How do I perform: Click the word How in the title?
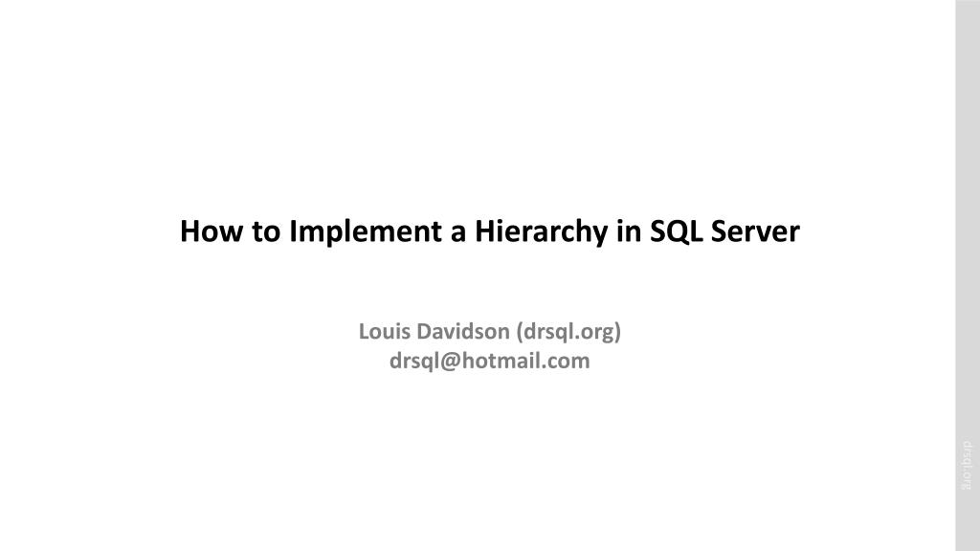pos(212,231)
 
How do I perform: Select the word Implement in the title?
pos(365,232)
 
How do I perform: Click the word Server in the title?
pos(755,231)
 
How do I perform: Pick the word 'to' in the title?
pos(266,232)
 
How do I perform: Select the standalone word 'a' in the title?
pos(458,233)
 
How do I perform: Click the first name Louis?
pos(385,331)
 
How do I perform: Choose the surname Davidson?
pos(463,331)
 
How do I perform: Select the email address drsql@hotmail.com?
pos(489,361)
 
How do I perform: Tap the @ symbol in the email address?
pos(450,362)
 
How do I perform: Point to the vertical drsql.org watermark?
pos(967,466)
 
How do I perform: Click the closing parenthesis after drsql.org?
pos(617,332)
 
